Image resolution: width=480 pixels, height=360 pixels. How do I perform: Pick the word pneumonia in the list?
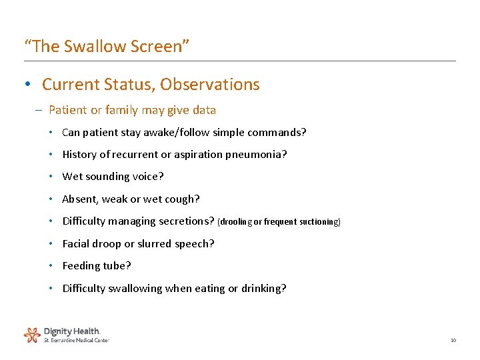[257, 155]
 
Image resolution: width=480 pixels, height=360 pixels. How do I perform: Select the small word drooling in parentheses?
[237, 222]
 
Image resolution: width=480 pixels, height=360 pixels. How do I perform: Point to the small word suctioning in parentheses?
[320, 222]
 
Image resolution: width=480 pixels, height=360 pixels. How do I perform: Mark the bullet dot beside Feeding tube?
[51, 266]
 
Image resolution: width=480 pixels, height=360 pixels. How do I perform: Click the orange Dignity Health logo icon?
[32, 334]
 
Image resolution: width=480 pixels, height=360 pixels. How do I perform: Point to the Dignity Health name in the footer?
[72, 331]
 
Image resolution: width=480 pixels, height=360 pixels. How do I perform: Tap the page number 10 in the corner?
[453, 341]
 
